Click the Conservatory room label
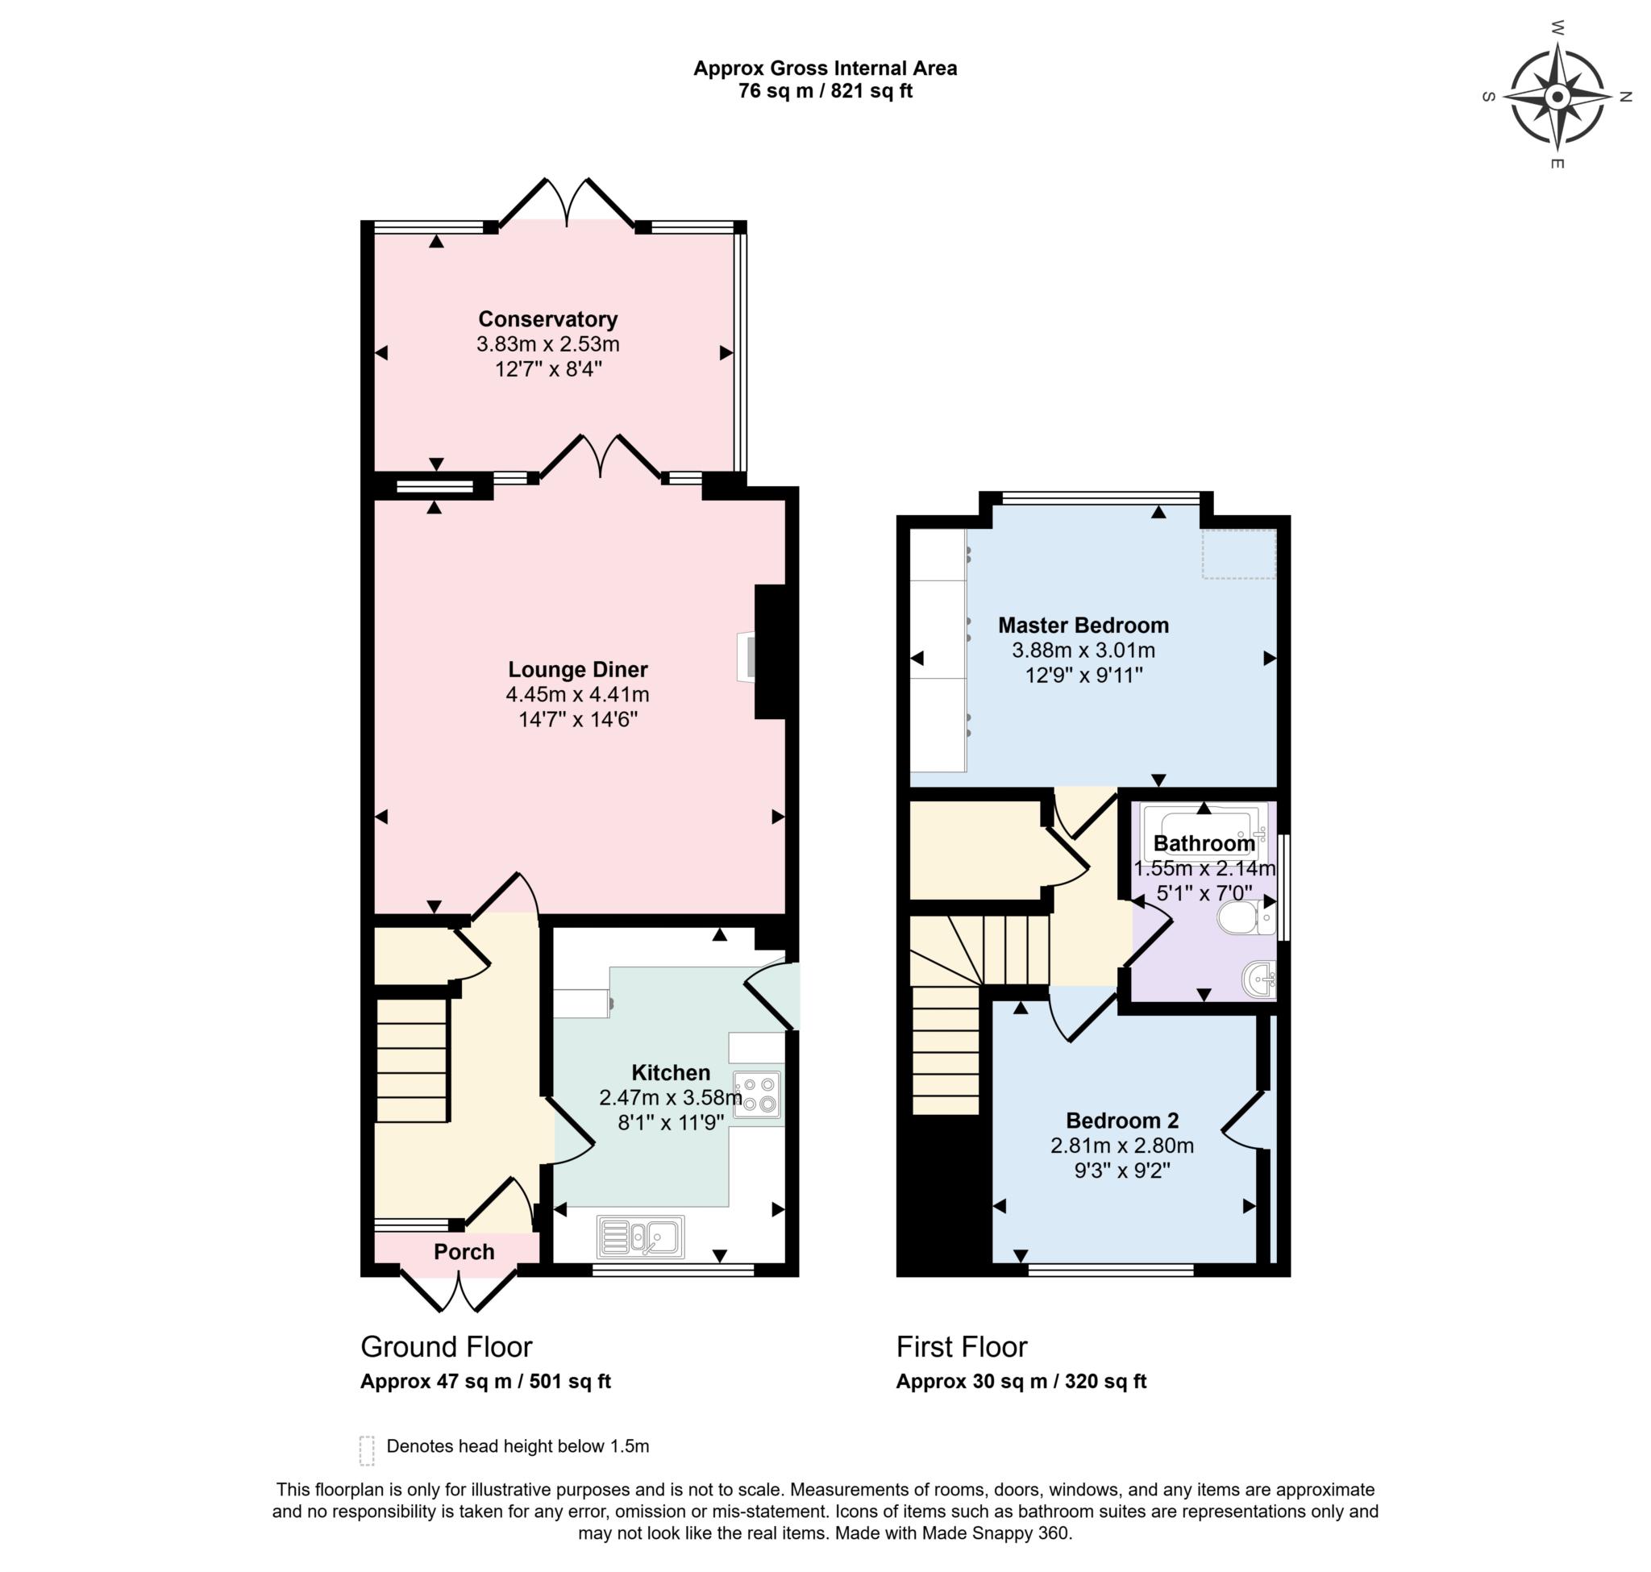(547, 319)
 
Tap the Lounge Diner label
(577, 670)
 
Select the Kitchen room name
(671, 1072)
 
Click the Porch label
(464, 1252)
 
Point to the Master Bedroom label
(1083, 625)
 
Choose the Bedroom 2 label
(1122, 1121)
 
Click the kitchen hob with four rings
(758, 1095)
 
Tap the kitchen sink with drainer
(641, 1237)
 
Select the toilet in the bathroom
(1246, 918)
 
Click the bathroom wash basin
(1258, 979)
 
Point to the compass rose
(1557, 98)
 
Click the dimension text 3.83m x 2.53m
(547, 344)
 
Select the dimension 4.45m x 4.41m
(577, 695)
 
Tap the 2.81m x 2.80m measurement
(1122, 1146)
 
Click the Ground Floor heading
(446, 1347)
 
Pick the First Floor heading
(961, 1347)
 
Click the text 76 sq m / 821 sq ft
(825, 91)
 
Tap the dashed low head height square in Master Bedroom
(1239, 553)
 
